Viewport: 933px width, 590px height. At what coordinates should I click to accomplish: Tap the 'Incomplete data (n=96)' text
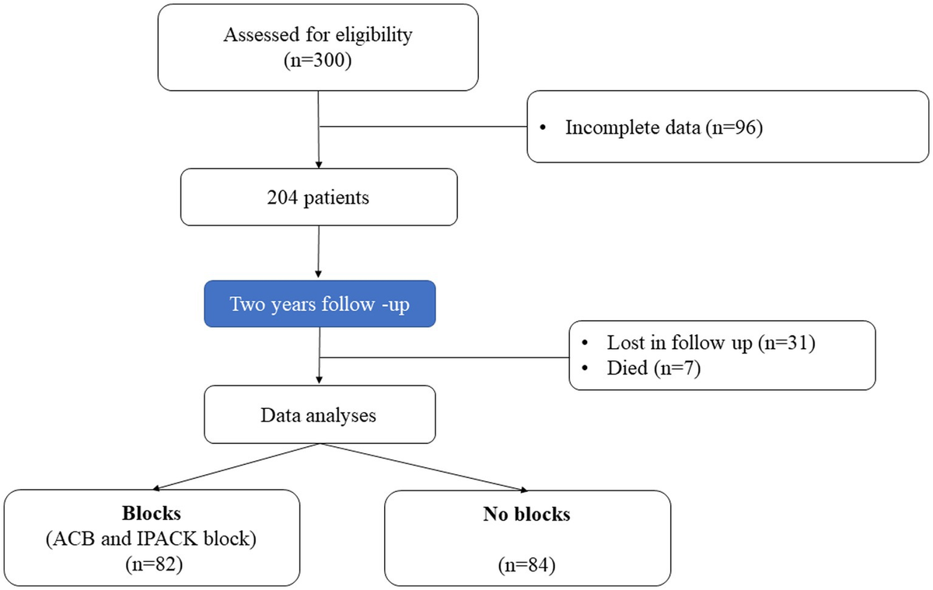tap(663, 127)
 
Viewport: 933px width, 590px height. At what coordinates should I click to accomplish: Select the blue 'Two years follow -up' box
tap(320, 303)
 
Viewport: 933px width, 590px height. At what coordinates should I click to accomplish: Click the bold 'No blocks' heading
tap(526, 515)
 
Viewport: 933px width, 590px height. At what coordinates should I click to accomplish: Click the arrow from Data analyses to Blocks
tap(233, 467)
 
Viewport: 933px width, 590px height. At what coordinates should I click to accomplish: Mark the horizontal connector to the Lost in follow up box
tap(444, 358)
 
